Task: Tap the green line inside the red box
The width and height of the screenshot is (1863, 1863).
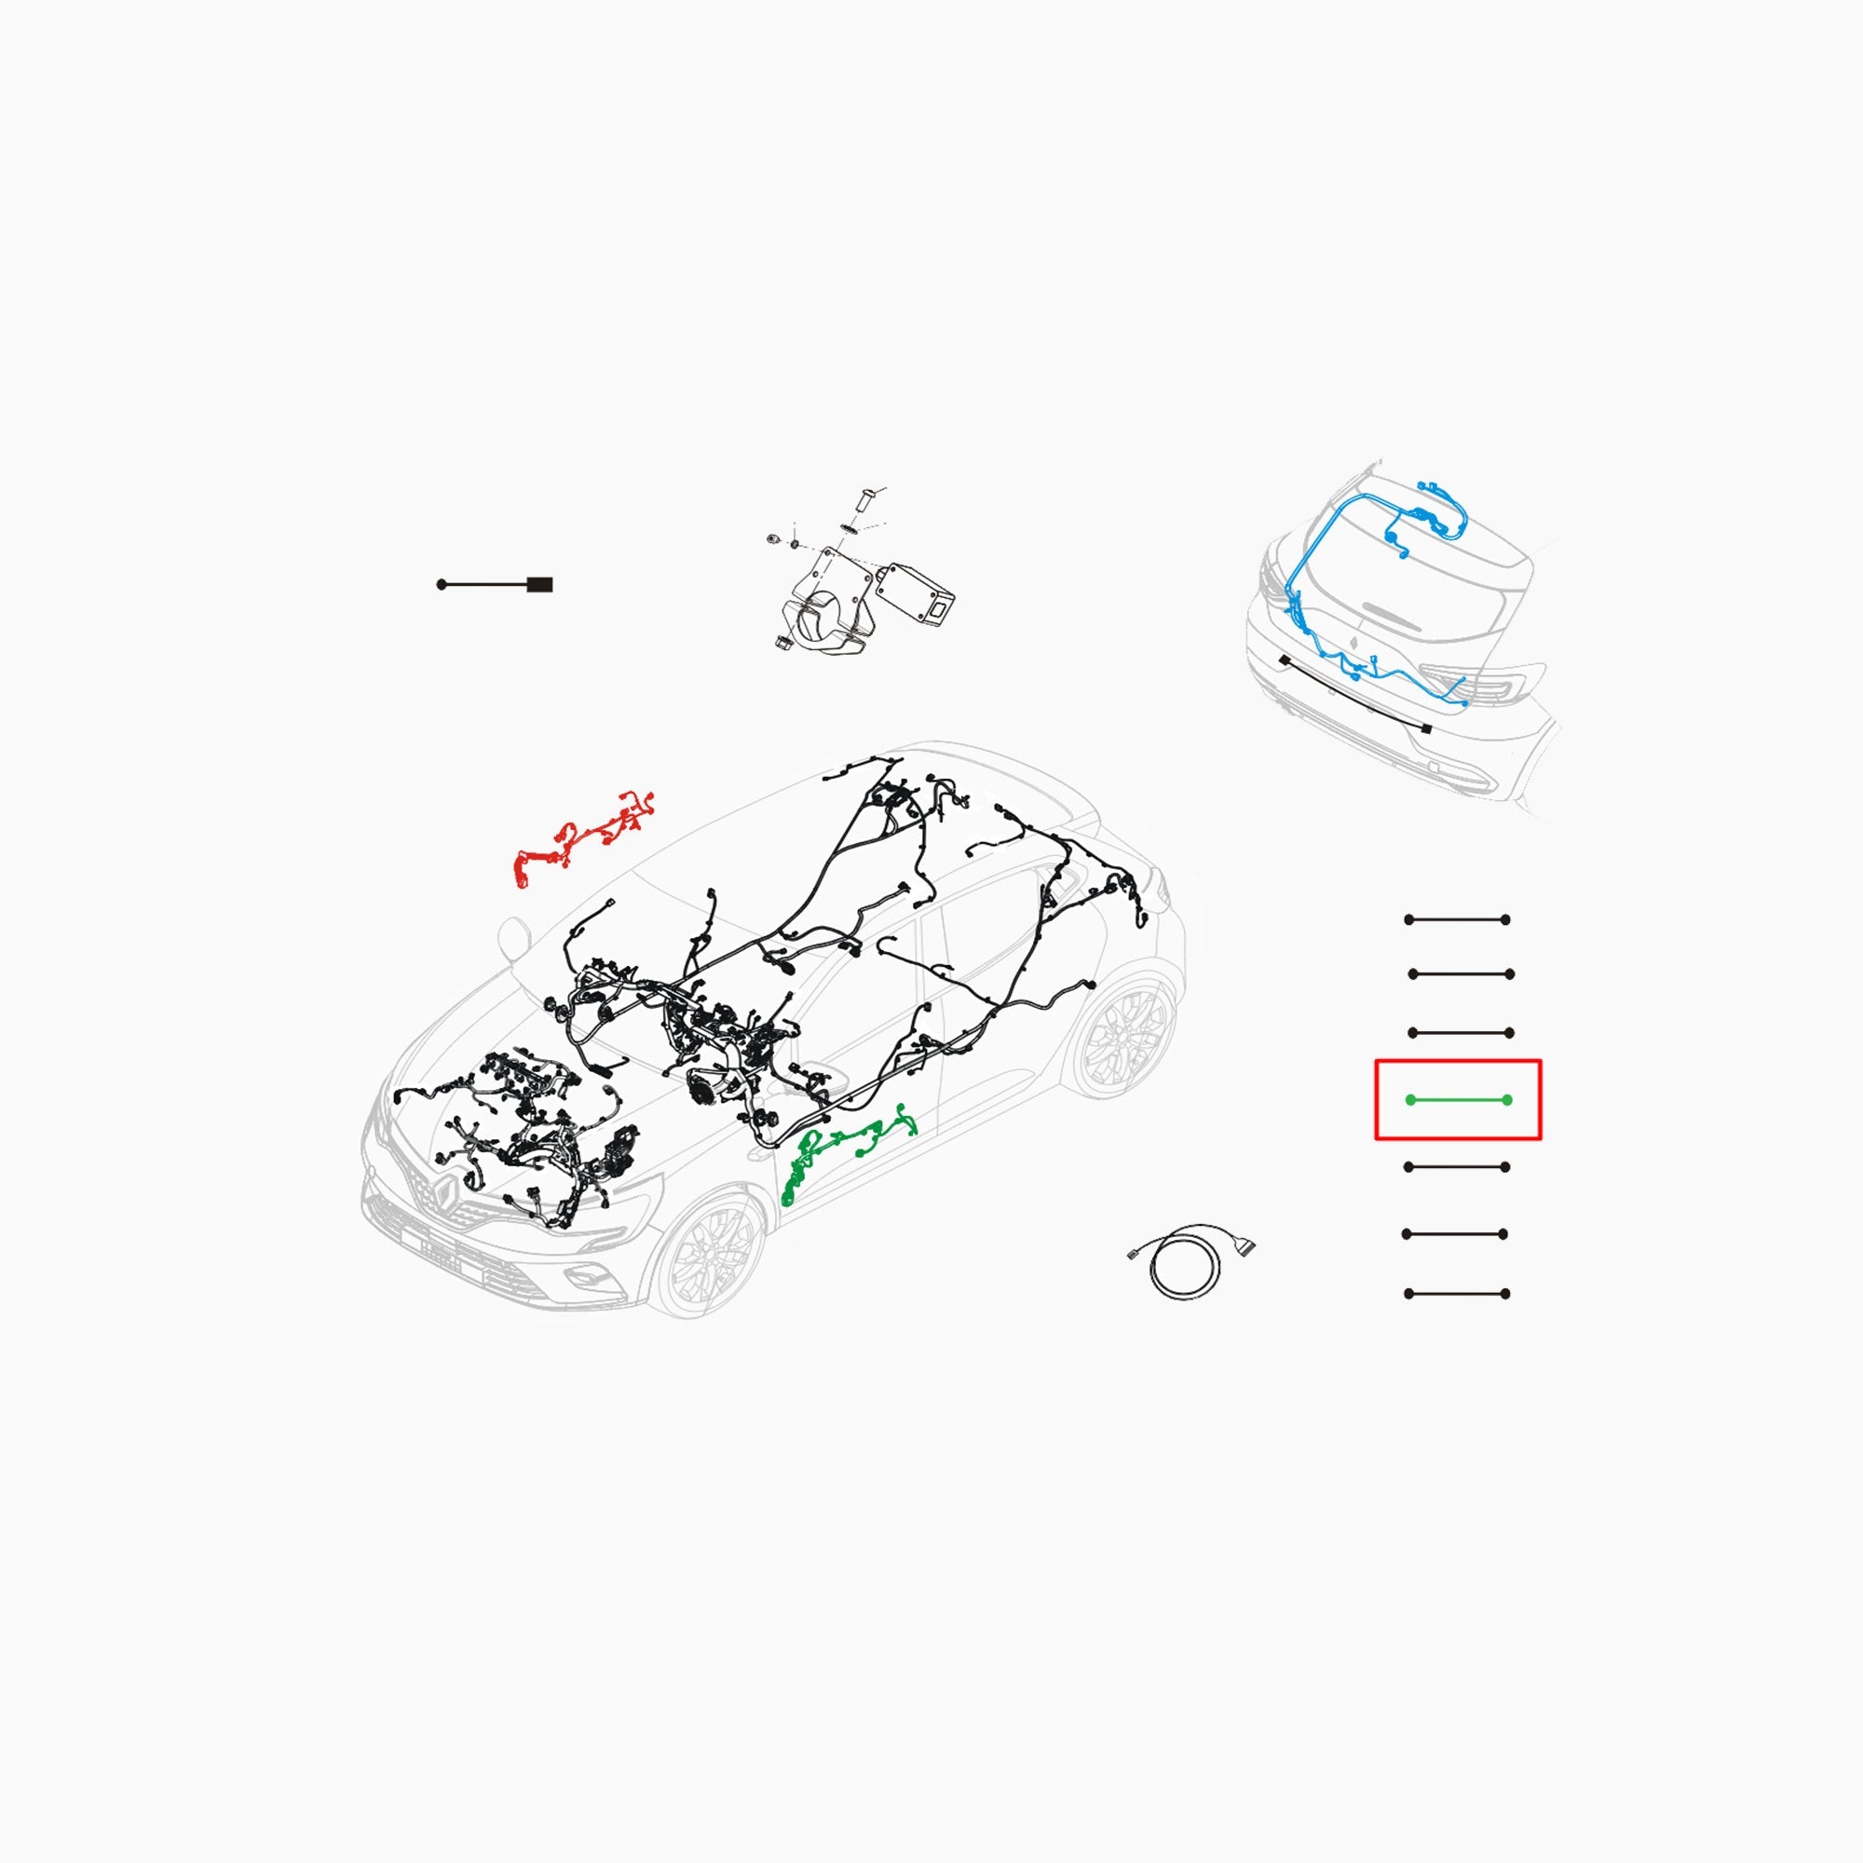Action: [1458, 1100]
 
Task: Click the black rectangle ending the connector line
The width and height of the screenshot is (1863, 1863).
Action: [540, 584]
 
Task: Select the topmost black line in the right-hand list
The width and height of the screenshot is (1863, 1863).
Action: [1457, 920]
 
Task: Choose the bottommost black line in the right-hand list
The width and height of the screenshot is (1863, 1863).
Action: [1457, 1293]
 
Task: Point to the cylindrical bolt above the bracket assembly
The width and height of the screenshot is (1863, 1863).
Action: [864, 503]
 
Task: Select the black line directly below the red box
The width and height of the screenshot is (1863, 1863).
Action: [1457, 1167]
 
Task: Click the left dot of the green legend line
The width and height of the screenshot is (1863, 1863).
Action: [1410, 1100]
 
